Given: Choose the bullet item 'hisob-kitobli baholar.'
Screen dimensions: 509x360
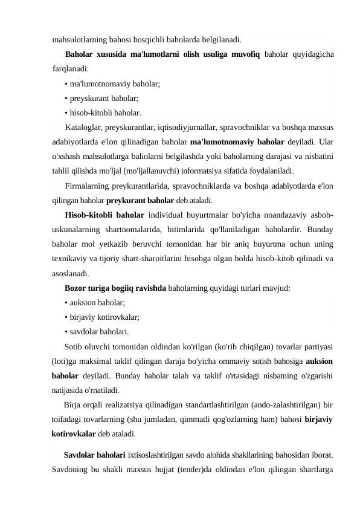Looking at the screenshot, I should coord(106,112).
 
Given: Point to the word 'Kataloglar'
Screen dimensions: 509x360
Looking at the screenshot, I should coord(84,128).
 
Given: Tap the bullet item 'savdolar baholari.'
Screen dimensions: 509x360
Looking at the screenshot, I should coord(100,331).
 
